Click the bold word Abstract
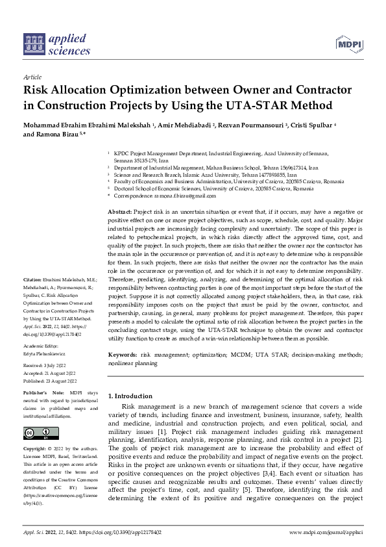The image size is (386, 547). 119,212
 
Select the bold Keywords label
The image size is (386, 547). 122,355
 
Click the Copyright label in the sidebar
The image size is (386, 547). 36,449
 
